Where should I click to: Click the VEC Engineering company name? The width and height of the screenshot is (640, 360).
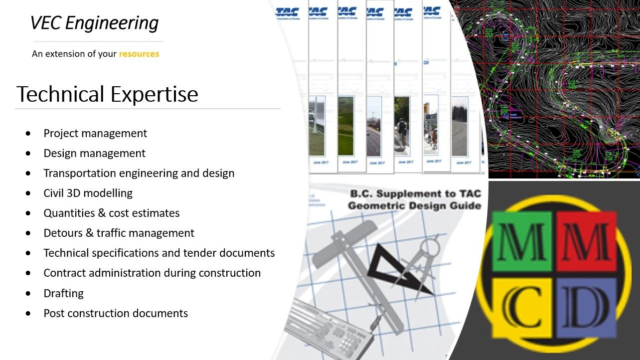94,23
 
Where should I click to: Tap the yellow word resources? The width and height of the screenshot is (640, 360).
139,54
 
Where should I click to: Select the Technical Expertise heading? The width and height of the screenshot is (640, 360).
107,94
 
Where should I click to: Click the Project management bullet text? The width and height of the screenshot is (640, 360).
95,134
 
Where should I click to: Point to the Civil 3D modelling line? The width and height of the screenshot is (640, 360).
88,193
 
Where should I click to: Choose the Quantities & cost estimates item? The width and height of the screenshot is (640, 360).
111,213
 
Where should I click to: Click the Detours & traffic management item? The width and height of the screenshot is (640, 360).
119,233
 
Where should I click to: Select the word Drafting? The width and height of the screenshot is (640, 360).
63,293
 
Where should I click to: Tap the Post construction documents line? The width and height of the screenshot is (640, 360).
116,313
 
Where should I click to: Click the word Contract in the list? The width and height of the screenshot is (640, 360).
63,273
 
